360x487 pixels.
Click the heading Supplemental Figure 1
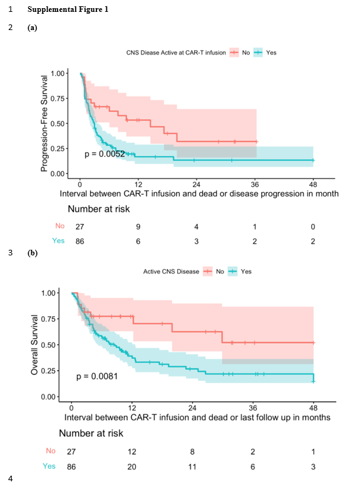(x=68, y=9)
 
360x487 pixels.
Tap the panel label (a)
(x=32, y=28)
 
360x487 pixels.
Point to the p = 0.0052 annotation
(x=105, y=154)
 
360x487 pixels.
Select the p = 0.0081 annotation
(x=96, y=376)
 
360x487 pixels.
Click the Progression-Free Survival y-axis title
(x=44, y=123)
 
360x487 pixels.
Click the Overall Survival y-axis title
(x=36, y=345)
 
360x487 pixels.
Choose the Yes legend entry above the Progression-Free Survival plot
(x=271, y=53)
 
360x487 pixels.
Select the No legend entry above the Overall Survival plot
(x=220, y=272)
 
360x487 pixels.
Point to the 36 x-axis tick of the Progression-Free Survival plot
(x=254, y=183)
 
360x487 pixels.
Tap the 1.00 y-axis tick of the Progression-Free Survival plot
(x=58, y=73)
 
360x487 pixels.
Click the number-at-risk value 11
(x=193, y=466)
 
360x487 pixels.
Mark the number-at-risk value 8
(x=193, y=451)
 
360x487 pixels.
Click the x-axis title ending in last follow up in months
(x=197, y=417)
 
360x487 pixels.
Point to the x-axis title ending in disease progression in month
(x=200, y=194)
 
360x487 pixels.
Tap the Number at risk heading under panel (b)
(x=91, y=433)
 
